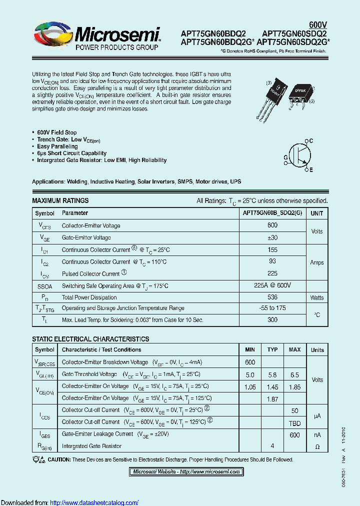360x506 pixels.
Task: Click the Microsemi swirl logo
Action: point(52,36)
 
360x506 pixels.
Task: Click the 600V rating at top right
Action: point(317,25)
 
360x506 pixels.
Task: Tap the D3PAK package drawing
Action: point(299,93)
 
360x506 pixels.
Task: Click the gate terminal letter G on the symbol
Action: point(285,157)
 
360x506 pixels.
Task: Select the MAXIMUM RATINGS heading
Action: point(60,200)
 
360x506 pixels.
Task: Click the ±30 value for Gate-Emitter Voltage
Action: point(272,237)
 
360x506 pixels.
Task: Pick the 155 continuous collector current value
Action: point(272,249)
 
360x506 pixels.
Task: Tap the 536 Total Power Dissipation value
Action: point(272,297)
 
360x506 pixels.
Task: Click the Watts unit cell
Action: point(317,297)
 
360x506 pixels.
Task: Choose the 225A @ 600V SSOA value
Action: point(272,285)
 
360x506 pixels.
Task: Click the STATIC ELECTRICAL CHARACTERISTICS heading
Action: point(90,339)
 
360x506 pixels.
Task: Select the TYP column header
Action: point(272,349)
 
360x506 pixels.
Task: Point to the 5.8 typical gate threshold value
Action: point(272,374)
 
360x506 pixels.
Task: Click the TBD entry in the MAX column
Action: point(294,422)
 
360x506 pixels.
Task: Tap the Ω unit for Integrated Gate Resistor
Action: point(317,446)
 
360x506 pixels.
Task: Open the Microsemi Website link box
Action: point(186,471)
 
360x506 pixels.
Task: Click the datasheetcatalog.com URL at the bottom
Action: point(94,502)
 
